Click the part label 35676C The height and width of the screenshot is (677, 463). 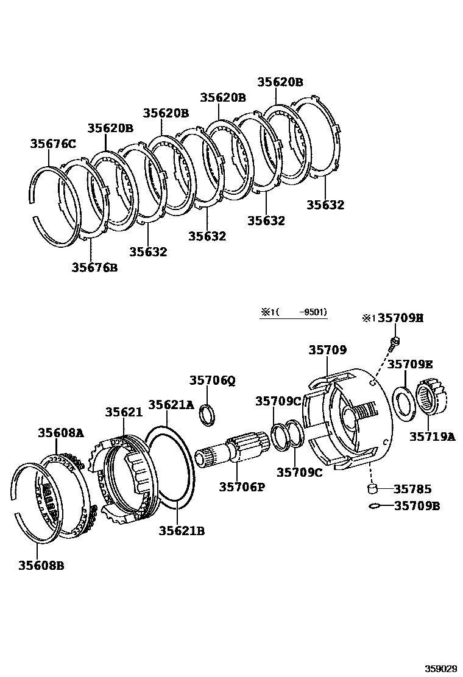pos(53,144)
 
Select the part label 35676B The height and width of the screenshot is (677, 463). pos(94,267)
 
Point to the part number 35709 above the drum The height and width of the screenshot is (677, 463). pos(327,350)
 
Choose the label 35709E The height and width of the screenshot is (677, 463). pos(411,364)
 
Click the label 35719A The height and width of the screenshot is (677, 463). pos(432,436)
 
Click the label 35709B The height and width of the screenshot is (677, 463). pos(417,505)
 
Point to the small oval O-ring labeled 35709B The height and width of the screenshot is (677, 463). pos(375,506)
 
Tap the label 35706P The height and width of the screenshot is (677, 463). pos(242,486)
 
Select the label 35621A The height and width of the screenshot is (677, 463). pos(171,404)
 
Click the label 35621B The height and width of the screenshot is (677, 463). pos(182,531)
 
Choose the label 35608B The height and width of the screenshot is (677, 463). pos(41,565)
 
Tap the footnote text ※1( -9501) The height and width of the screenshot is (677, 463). pos(294,312)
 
